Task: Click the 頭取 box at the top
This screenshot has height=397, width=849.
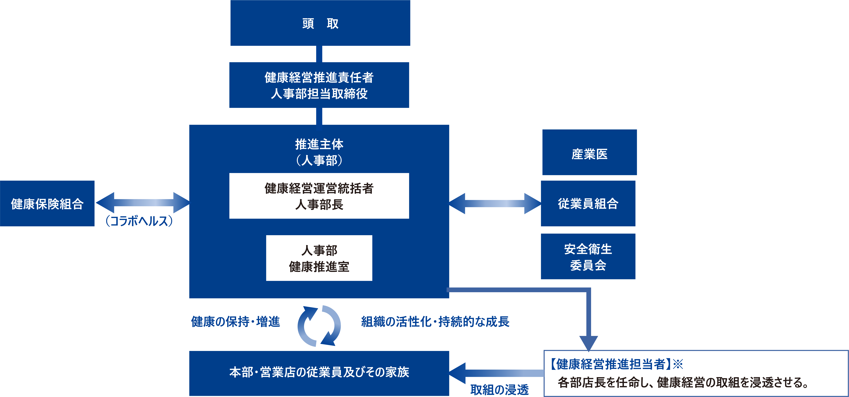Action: click(320, 23)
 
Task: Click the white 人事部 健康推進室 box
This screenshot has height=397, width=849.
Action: click(319, 258)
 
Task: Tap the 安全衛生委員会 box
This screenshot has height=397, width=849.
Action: click(588, 257)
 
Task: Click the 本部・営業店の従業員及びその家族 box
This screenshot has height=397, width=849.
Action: click(319, 373)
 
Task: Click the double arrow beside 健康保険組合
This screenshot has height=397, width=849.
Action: click(142, 202)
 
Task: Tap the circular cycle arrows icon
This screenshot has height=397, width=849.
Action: click(319, 326)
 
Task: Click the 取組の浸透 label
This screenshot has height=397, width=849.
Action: click(499, 390)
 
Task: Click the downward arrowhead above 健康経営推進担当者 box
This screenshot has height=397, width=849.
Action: click(589, 343)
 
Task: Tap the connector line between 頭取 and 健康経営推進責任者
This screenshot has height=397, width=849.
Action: click(319, 54)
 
